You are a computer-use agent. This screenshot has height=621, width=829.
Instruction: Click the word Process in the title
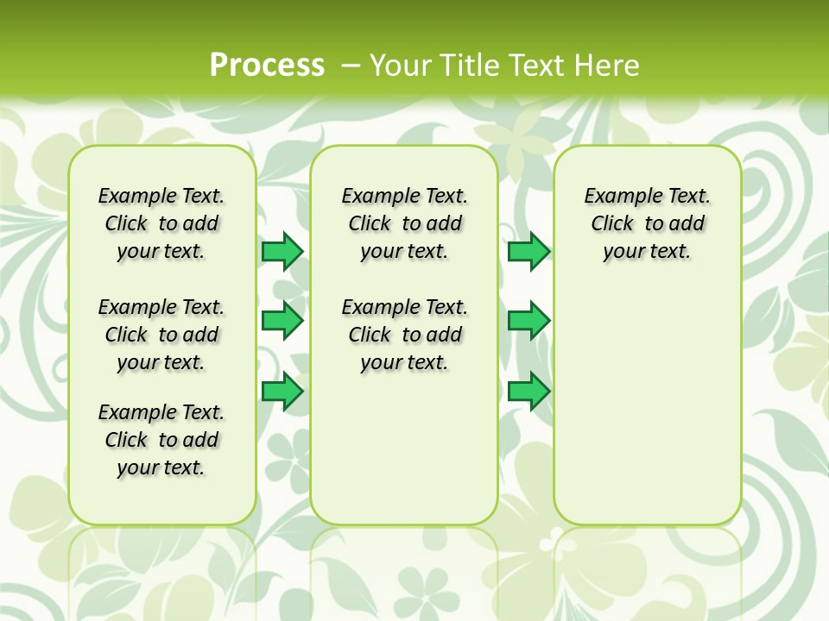pos(267,65)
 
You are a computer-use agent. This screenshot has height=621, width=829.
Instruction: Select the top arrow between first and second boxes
pos(282,251)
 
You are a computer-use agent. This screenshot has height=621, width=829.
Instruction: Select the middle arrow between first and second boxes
pos(282,321)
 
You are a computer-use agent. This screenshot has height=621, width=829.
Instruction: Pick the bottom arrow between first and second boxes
pos(282,392)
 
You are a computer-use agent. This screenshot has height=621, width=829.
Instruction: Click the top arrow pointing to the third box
pos(528,251)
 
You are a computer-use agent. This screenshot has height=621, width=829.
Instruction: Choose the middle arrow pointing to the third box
pos(528,321)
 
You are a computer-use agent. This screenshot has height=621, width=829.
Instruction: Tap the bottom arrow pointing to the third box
pos(528,392)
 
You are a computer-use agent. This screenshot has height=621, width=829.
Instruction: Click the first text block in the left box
pos(161,223)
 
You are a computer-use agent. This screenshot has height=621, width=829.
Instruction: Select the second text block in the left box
pos(161,335)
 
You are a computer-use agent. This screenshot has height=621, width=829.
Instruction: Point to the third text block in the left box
pos(161,440)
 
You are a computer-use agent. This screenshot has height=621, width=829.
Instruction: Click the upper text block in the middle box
pos(404,223)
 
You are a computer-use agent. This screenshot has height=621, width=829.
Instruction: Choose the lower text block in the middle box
pos(404,335)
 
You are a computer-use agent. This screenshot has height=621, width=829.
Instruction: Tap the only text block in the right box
pos(647,223)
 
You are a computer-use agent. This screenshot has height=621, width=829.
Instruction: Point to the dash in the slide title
pos(351,65)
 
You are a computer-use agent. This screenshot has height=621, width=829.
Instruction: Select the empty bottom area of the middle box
pos(404,457)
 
